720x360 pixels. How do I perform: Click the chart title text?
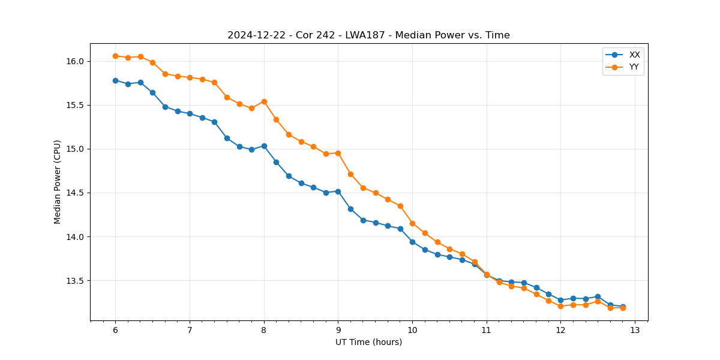368,35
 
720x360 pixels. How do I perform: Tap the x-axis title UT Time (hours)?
368,342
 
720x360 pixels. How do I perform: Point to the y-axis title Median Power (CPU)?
58,182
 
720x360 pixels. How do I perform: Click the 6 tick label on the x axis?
115,331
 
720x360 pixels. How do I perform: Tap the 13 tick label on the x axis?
635,331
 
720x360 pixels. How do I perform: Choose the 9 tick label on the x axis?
338,331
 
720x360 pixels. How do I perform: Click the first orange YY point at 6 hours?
115,56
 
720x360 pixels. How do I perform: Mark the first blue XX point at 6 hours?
115,80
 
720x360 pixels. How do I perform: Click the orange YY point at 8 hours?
264,101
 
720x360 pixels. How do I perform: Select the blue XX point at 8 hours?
264,146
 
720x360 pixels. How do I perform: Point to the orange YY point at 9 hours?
338,153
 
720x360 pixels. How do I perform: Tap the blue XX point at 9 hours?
338,191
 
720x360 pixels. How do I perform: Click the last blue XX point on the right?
623,307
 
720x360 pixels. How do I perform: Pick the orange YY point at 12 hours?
560,306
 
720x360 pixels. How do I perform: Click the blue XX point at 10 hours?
412,242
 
